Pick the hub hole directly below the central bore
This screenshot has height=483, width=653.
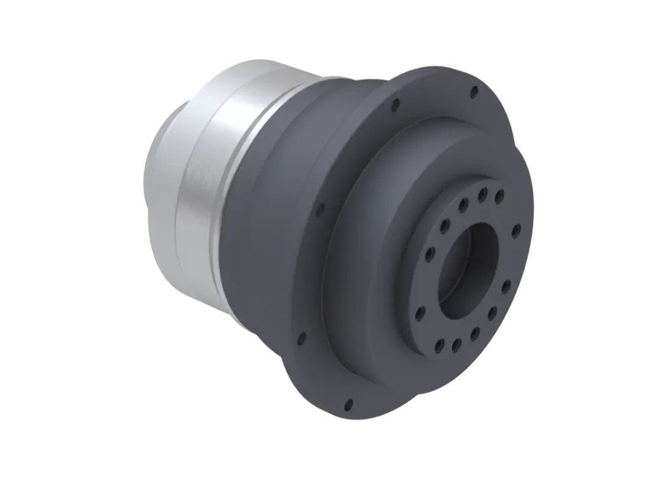pos(456,341)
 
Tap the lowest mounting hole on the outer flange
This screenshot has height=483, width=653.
pos(348,403)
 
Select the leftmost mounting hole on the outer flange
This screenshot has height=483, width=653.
pos(301,339)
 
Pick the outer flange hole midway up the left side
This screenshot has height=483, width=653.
pos(321,210)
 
